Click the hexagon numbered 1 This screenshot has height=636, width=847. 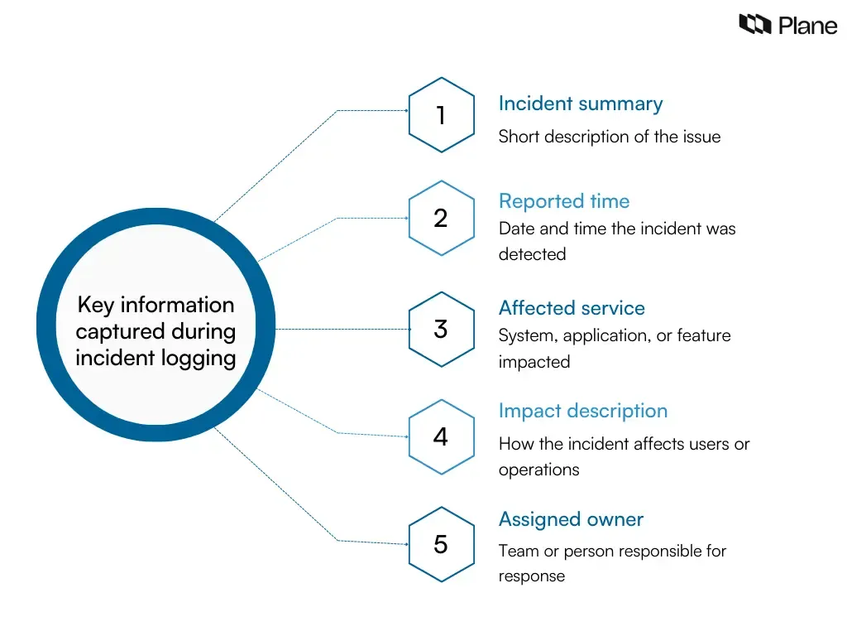click(x=441, y=115)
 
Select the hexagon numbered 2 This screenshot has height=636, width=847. click(x=441, y=218)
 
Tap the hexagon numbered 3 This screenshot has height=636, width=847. click(x=441, y=329)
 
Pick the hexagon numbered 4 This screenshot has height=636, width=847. click(x=441, y=436)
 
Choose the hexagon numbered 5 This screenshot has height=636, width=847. click(x=441, y=544)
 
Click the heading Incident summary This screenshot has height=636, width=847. click(x=580, y=104)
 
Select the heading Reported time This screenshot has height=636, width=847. click(x=563, y=201)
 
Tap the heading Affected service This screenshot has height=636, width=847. click(x=572, y=308)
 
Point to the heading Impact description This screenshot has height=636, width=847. click(x=582, y=411)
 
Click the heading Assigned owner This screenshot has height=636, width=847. click(x=571, y=519)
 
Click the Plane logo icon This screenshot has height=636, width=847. click(x=754, y=25)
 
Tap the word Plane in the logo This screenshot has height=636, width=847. click(x=807, y=26)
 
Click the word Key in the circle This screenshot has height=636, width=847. click(x=95, y=305)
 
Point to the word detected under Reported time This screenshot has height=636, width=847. click(x=532, y=254)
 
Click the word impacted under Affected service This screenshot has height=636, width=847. click(x=534, y=362)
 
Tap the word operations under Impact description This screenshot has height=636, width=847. click(x=538, y=470)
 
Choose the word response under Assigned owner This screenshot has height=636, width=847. click(x=531, y=576)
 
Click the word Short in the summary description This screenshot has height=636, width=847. click(x=519, y=137)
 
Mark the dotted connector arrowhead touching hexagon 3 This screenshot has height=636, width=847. click(x=409, y=329)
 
